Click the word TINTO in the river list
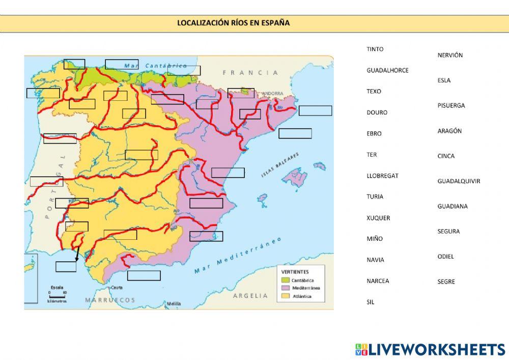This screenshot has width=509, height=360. click(375, 49)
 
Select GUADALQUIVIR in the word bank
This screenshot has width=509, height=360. click(459, 181)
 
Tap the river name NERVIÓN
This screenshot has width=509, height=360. click(450, 55)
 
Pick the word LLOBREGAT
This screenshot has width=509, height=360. click(382, 176)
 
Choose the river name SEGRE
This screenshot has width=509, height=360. click(446, 282)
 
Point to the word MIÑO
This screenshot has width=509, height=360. click(375, 239)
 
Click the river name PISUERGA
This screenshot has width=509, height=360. click(451, 105)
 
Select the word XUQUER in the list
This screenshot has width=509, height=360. click(378, 218)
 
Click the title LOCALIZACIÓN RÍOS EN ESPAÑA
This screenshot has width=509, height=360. click(233, 23)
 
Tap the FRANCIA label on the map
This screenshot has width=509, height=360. click(250, 73)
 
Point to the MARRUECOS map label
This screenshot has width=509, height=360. click(110, 300)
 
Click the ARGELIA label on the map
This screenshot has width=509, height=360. click(250, 295)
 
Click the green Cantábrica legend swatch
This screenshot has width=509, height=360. click(285, 280)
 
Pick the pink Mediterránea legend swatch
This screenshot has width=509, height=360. click(285, 288)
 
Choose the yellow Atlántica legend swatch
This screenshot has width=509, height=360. click(285, 296)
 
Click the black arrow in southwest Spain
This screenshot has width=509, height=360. click(77, 254)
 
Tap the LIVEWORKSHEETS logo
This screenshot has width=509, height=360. click(430, 349)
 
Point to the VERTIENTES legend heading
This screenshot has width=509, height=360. click(295, 272)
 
